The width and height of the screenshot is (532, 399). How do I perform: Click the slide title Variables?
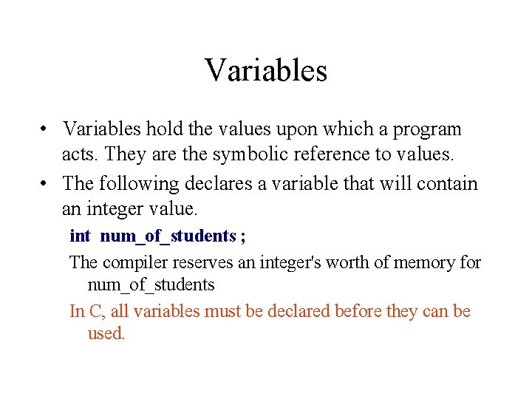pyautogui.click(x=266, y=71)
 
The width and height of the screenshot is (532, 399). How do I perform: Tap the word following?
pyautogui.click(x=140, y=184)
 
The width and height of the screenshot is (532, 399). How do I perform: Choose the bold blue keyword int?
pyautogui.click(x=80, y=236)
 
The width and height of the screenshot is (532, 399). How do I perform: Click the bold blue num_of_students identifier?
pyautogui.click(x=168, y=237)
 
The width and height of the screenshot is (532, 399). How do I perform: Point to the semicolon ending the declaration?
pyautogui.click(x=243, y=237)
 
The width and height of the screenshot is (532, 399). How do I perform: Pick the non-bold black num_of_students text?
pyautogui.click(x=151, y=285)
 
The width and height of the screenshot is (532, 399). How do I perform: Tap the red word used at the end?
pyautogui.click(x=106, y=333)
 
